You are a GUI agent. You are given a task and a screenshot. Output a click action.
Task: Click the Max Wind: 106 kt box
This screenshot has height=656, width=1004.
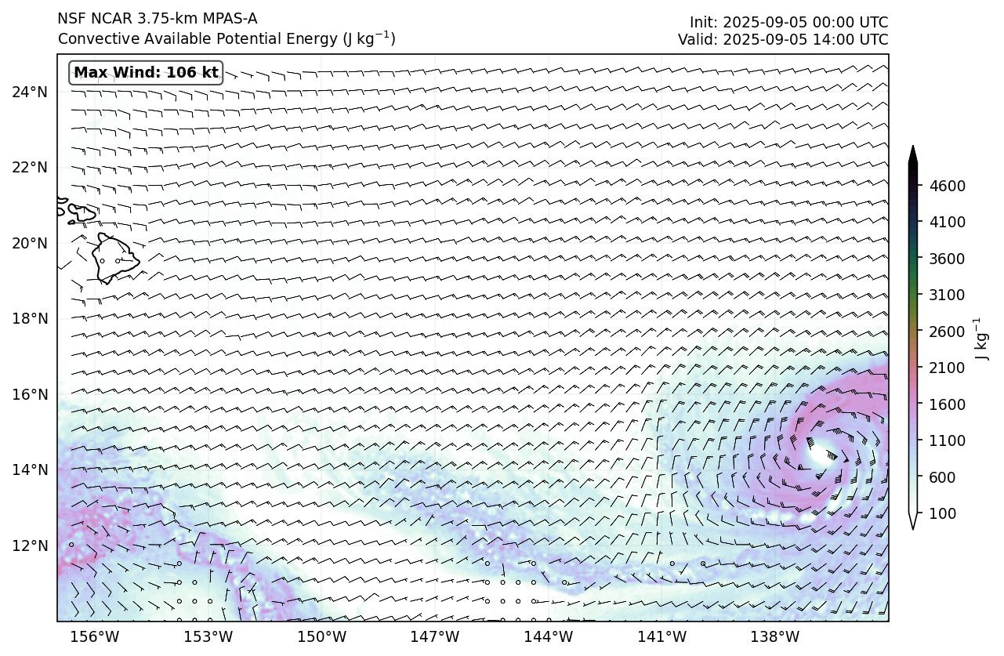(146, 73)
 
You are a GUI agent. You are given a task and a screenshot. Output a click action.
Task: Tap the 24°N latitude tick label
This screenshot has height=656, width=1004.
(30, 92)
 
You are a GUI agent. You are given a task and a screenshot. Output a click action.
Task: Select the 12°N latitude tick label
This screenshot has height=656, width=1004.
(30, 545)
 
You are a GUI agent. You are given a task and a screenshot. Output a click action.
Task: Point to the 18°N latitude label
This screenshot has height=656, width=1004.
(30, 318)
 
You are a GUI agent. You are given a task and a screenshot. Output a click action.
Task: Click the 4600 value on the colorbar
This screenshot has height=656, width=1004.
(947, 186)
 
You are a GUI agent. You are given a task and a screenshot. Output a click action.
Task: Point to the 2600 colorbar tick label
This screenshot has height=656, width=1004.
(947, 332)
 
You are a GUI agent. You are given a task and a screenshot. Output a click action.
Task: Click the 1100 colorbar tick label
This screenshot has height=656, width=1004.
(947, 440)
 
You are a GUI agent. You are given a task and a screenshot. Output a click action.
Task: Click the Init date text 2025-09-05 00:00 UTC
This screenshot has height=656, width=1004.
(788, 22)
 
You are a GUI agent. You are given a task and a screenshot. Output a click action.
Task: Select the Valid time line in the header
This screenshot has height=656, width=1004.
(783, 39)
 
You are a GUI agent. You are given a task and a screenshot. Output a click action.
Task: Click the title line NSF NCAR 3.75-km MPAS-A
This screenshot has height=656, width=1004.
(157, 19)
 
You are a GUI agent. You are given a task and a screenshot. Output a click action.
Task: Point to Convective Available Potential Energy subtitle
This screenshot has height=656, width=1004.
(226, 38)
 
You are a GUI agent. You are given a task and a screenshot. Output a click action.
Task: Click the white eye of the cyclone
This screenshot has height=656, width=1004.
(820, 452)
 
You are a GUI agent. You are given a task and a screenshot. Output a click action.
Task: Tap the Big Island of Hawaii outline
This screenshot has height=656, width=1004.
(114, 258)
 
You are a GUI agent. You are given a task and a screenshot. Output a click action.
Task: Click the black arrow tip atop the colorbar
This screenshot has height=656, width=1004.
(912, 151)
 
